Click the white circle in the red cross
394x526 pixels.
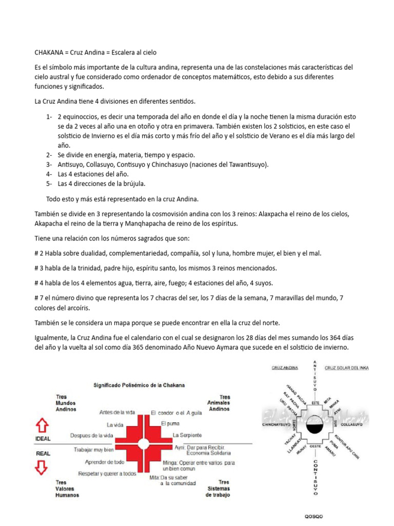coord(144,443)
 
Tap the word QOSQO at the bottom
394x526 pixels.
coord(314,516)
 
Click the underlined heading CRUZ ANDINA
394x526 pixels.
coord(285,368)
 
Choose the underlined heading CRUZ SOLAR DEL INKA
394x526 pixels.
coord(347,368)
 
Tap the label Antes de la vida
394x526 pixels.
coord(117,412)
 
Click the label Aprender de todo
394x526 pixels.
coord(105,462)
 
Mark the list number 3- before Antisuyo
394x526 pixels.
coord(49,164)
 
